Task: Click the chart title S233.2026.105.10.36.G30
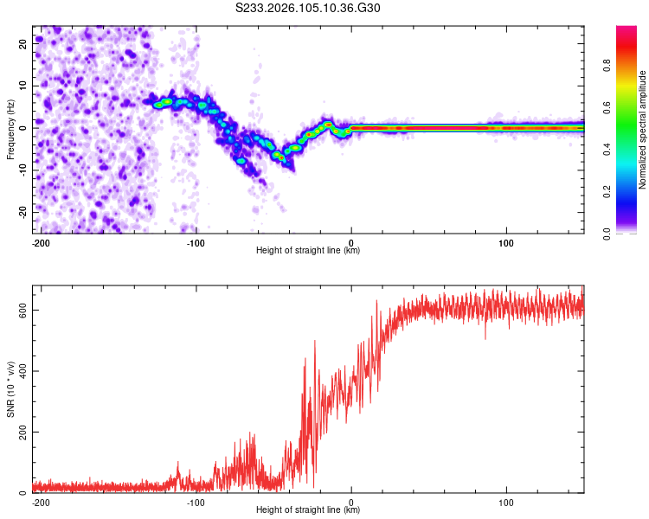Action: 308,9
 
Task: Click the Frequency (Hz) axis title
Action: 10,129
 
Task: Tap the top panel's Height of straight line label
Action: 308,251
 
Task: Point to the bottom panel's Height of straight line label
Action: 308,510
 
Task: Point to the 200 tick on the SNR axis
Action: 21,432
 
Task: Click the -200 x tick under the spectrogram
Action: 39,242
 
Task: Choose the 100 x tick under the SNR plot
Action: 506,502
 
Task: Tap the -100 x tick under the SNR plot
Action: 196,502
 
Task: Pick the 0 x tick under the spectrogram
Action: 351,242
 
